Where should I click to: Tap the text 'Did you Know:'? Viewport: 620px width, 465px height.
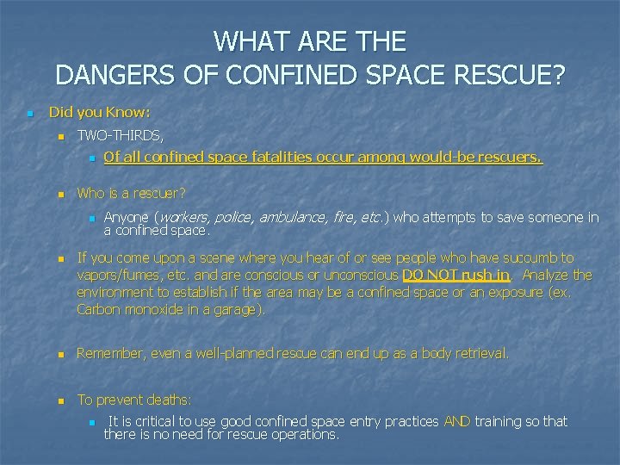point(99,112)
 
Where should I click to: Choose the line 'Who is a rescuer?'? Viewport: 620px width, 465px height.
point(132,194)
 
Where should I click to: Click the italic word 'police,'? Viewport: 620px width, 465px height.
point(234,218)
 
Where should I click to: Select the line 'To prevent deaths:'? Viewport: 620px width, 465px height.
point(134,400)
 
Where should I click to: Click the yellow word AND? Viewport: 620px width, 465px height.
point(457,421)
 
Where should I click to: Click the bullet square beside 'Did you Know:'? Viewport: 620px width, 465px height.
point(29,113)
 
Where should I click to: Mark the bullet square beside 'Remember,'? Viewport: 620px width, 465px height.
point(59,354)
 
